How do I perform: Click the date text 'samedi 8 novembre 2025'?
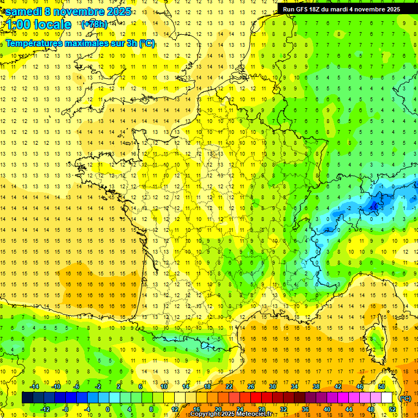pos(68,11)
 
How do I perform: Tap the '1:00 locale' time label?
pos(38,24)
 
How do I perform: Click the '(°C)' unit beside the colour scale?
pos(405,398)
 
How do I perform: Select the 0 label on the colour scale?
pos(108,409)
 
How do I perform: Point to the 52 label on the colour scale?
pos(392,409)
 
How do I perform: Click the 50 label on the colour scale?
pos(381,386)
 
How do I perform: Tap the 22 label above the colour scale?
pos(229,386)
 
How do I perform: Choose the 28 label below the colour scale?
pos(261,409)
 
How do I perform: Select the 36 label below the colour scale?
pos(305,409)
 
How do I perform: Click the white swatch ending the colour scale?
pos(387,398)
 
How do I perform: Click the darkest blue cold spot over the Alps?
pos(374,205)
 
